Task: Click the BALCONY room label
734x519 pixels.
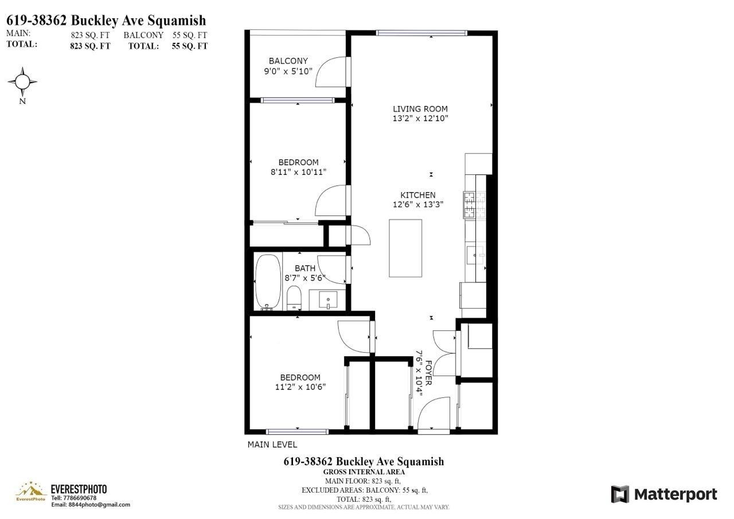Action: coord(288,61)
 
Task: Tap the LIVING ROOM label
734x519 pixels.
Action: coord(420,109)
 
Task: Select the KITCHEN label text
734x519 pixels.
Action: coord(418,195)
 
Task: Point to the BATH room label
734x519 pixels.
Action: coord(304,268)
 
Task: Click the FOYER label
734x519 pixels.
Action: coord(428,373)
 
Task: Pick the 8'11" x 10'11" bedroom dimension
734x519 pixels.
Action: coord(298,171)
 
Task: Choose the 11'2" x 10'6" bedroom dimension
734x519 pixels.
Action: coord(300,387)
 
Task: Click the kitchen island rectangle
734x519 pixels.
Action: coord(405,248)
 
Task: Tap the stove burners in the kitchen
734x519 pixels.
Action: coord(474,205)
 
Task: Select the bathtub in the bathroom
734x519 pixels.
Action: coord(268,282)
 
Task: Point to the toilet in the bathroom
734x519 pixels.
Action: coord(294,298)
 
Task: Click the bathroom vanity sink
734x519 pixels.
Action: coord(328,300)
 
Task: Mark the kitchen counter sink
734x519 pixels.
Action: coord(475,255)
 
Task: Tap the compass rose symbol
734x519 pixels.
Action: coord(22,82)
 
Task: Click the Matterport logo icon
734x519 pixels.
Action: coord(620,494)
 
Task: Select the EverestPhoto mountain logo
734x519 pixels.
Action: coord(30,491)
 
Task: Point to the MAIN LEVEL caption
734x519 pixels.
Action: coord(272,444)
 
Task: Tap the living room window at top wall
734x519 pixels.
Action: coord(421,33)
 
